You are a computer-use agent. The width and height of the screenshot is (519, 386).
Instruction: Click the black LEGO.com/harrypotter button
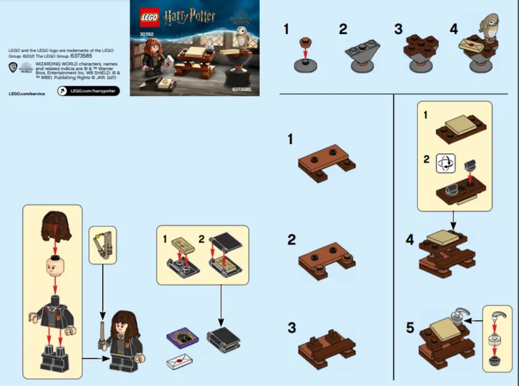click(x=88, y=91)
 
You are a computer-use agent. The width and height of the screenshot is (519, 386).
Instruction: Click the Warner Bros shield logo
click(x=12, y=67)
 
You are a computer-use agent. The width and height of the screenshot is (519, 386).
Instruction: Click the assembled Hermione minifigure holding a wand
click(x=123, y=341)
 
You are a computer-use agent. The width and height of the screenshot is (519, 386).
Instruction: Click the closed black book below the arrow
click(x=223, y=339)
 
